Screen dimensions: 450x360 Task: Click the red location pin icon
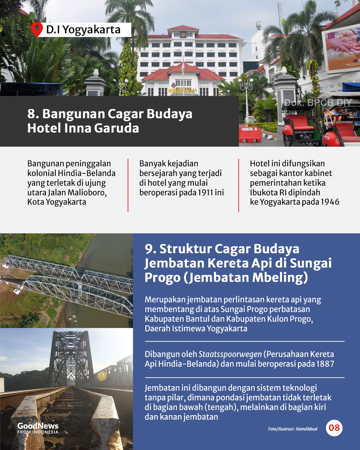click(x=37, y=29)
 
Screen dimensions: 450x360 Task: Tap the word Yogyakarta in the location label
click(x=92, y=30)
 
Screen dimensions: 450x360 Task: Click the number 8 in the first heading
click(x=32, y=114)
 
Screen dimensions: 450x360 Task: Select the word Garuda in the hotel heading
click(x=116, y=128)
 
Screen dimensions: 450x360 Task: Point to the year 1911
click(x=205, y=193)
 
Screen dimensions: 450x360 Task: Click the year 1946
click(x=330, y=202)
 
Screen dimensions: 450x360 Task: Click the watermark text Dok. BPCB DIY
click(x=318, y=103)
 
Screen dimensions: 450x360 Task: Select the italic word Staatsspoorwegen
click(x=230, y=354)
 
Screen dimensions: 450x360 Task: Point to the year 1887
click(x=325, y=364)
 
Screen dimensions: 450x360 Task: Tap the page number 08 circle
click(x=334, y=428)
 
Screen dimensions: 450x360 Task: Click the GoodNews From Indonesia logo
click(x=38, y=428)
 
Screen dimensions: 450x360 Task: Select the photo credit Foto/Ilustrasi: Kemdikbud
click(x=293, y=429)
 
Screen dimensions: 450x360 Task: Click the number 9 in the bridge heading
click(x=149, y=249)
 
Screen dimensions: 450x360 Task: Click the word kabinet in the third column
click(x=318, y=173)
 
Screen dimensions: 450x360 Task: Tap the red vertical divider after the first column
click(x=128, y=185)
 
